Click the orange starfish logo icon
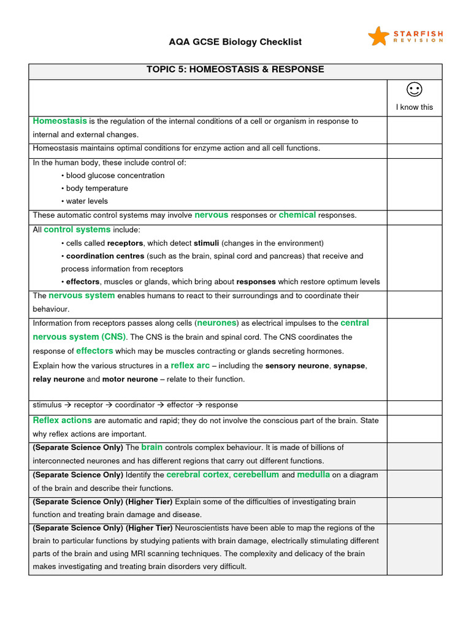coord(378,36)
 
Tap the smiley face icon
coord(415,90)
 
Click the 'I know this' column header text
coord(415,107)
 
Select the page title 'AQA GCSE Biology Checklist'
coord(235,42)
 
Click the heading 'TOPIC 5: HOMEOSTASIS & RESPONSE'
coord(235,69)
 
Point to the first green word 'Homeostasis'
coord(59,121)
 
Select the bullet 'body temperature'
coord(97,188)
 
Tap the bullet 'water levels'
coord(86,201)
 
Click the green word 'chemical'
coord(297,215)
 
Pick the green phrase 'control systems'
coord(77,229)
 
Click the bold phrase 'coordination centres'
coord(105,256)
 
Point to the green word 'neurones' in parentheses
coord(216,323)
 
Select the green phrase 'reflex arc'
coord(190,366)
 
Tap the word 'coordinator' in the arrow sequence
coord(136,405)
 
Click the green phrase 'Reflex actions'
coord(62,420)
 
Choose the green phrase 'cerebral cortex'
coord(197,475)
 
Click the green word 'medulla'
coord(313,475)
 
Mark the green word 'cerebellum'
coord(256,475)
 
